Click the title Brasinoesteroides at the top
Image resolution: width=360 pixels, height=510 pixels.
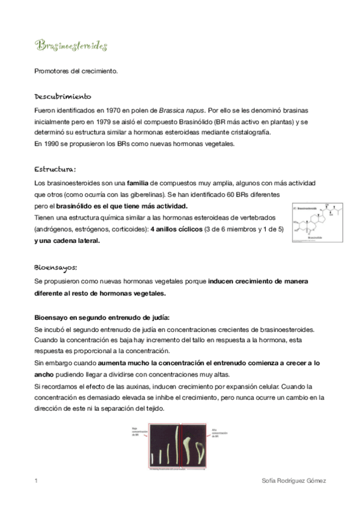[70, 46]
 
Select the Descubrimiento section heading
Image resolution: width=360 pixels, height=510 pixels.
[63, 96]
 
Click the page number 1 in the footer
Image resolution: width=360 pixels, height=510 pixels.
[36, 481]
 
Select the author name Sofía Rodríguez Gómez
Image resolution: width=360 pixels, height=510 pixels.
[294, 481]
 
